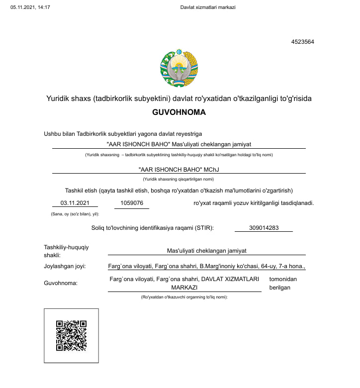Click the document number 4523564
[302, 42]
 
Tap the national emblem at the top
[179, 68]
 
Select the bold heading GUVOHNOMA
[179, 112]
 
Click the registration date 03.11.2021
[75, 203]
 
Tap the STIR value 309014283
[263, 228]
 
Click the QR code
[71, 336]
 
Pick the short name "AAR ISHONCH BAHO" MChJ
[179, 169]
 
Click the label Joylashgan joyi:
[65, 266]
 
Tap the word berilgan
[279, 288]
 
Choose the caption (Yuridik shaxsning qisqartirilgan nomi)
[179, 179]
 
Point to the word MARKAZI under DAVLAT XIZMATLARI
[184, 288]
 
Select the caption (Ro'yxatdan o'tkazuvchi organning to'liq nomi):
[184, 297]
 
